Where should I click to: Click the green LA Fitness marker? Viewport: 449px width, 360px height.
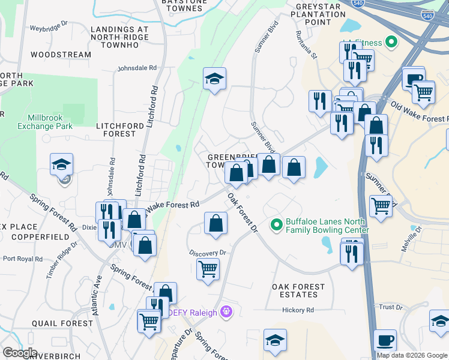pyautogui.click(x=392, y=42)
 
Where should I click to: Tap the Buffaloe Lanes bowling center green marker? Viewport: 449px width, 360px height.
pyautogui.click(x=277, y=225)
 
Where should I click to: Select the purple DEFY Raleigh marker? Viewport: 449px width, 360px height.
pyautogui.click(x=226, y=311)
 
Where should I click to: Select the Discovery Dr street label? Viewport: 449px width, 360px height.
pyautogui.click(x=206, y=253)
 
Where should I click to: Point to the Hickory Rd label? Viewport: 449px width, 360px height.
pyautogui.click(x=298, y=310)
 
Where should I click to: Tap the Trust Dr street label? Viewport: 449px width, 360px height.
pyautogui.click(x=390, y=307)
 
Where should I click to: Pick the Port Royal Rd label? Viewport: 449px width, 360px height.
pyautogui.click(x=22, y=259)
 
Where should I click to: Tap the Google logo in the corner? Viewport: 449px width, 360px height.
pyautogui.click(x=20, y=353)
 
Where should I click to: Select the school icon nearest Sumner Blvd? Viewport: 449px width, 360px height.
pyautogui.click(x=214, y=79)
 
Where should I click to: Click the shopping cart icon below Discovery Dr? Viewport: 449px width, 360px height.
pyautogui.click(x=208, y=269)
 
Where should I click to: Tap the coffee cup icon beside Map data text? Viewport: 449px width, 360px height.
pyautogui.click(x=385, y=340)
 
